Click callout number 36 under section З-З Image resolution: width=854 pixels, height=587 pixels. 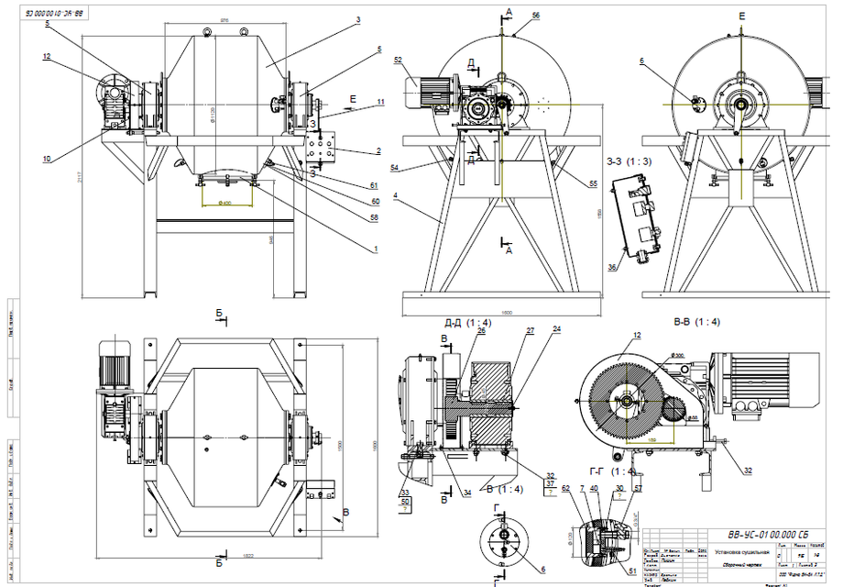coord(612,268)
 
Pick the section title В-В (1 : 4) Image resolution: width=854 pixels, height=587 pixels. coord(695,322)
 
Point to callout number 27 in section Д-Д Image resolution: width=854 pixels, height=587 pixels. coord(529,329)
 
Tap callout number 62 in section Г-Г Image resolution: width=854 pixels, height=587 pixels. coord(565,489)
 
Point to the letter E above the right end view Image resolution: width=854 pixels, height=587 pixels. coord(741,16)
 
